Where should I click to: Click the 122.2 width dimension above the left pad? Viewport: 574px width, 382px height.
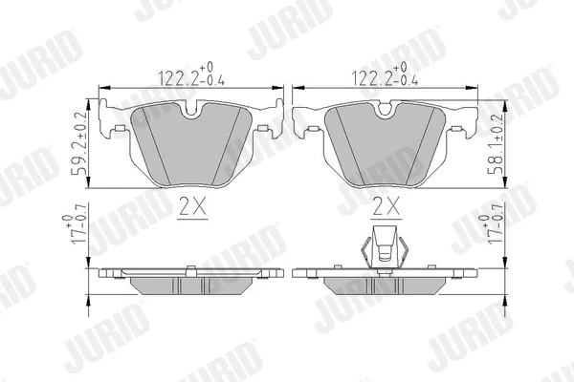click(x=191, y=74)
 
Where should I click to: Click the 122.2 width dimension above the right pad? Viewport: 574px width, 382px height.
click(x=385, y=74)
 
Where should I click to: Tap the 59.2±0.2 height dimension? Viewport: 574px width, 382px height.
click(x=79, y=142)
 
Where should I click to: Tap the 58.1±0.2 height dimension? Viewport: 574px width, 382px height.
click(x=495, y=143)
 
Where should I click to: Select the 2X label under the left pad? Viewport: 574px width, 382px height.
click(x=192, y=206)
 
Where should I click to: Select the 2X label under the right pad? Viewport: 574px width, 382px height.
click(x=386, y=206)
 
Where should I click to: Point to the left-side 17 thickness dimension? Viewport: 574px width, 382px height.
click(x=75, y=229)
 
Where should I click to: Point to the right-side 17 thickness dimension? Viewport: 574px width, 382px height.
click(x=492, y=229)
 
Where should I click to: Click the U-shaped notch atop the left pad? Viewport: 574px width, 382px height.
click(x=191, y=110)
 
